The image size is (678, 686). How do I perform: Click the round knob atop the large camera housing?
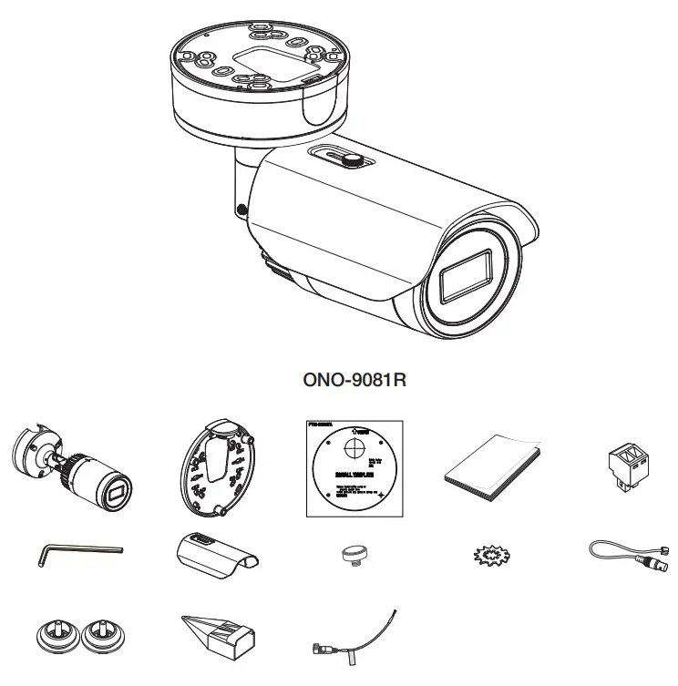[352, 160]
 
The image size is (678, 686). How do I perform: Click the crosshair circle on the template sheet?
[352, 447]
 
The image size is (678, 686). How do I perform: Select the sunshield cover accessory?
[215, 555]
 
